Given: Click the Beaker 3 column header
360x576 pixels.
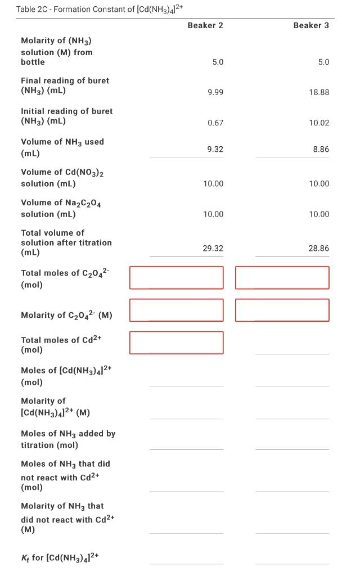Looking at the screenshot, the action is pyautogui.click(x=311, y=25).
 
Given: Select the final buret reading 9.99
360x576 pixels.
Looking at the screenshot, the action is pyautogui.click(x=215, y=92).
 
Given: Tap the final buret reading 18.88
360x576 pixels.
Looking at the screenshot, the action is pyautogui.click(x=319, y=92).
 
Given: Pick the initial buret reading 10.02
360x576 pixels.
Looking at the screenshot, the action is pyautogui.click(x=319, y=123).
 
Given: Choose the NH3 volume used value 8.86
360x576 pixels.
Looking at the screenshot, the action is pyautogui.click(x=321, y=149).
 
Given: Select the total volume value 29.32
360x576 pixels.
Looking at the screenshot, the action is pyautogui.click(x=213, y=248).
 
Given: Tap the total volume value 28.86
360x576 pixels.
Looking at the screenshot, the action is pyautogui.click(x=319, y=248).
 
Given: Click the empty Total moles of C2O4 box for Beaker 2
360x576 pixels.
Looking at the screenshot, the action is pyautogui.click(x=176, y=277).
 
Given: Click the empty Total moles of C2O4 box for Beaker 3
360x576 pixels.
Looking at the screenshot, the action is pyautogui.click(x=282, y=277).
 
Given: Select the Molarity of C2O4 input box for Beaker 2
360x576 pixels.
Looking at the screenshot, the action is pyautogui.click(x=176, y=310).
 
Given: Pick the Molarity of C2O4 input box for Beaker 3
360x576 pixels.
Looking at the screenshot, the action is pyautogui.click(x=282, y=310).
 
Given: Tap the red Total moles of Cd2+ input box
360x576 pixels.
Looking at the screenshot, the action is pyautogui.click(x=176, y=343).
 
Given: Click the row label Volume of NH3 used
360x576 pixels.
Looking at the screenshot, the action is pyautogui.click(x=62, y=147).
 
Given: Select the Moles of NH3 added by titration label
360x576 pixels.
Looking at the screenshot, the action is pyautogui.click(x=67, y=439).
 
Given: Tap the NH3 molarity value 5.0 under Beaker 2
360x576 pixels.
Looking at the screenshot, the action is pyautogui.click(x=218, y=62).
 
